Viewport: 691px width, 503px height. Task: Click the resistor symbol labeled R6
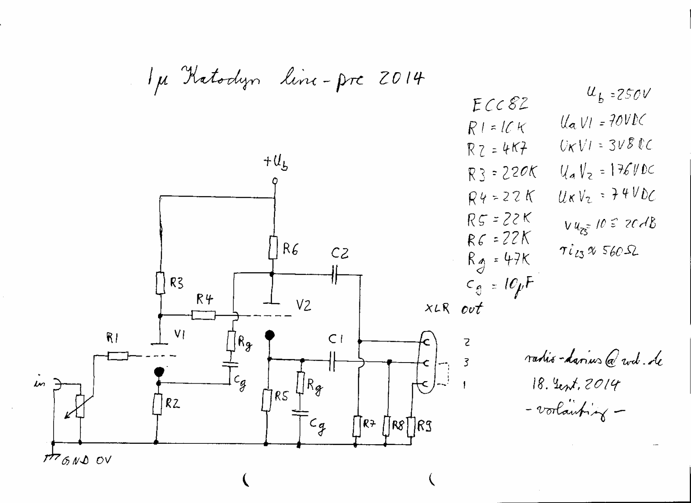pos(273,248)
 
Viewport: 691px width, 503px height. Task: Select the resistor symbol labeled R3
pos(160,283)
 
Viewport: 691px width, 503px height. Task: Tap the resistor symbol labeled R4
pos(203,316)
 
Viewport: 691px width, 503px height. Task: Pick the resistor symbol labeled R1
pos(117,356)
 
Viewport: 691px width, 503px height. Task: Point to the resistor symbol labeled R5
pos(266,400)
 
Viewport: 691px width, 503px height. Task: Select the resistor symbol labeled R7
pos(356,426)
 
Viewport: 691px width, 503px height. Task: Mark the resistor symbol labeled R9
pos(411,426)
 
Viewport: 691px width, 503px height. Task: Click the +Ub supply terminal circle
pos(275,181)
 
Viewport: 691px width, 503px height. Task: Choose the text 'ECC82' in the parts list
pos(500,105)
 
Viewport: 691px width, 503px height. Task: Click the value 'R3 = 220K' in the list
pos(502,173)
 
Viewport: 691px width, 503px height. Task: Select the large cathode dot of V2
pos(270,335)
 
